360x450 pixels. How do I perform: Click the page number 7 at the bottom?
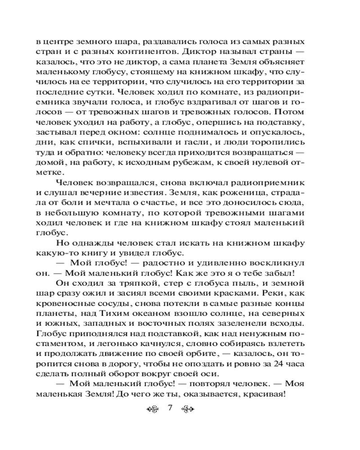pos(170,408)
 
